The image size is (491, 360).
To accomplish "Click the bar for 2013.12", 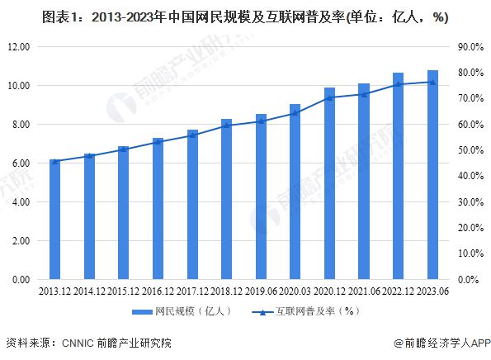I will pyautogui.click(x=54, y=220).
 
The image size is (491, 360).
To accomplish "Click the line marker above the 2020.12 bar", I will pyautogui.click(x=329, y=97).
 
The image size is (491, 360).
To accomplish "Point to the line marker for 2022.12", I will pyautogui.click(x=398, y=84).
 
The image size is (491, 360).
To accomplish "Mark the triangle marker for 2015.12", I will pyautogui.click(x=123, y=149).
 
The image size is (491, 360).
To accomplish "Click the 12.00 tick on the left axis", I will pyautogui.click(x=17, y=47).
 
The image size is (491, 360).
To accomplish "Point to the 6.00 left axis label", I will pyautogui.click(x=19, y=163).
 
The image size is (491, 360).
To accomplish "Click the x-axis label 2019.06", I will pyautogui.click(x=260, y=290).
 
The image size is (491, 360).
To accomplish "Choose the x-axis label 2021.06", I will pyautogui.click(x=363, y=290).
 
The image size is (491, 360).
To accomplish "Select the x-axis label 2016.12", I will pyautogui.click(x=157, y=290).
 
